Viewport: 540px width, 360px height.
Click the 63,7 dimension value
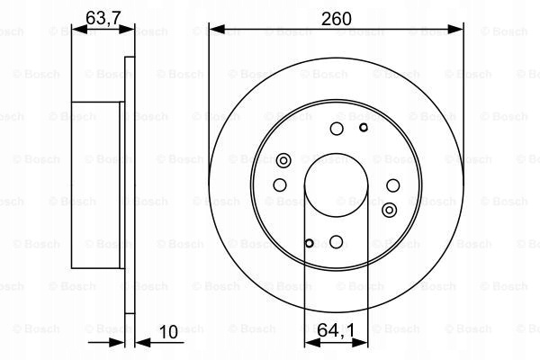[x=103, y=18]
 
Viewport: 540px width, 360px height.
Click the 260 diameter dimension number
[x=336, y=19]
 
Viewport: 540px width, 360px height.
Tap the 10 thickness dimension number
[x=168, y=332]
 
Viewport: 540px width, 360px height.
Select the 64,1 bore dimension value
[x=336, y=330]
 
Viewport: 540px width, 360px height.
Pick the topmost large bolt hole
[x=337, y=129]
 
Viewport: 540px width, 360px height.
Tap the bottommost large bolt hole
[x=336, y=241]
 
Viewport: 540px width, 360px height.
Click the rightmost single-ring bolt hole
[x=393, y=185]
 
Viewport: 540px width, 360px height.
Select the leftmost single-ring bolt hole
[x=280, y=185]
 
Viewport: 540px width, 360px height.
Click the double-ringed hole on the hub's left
[x=283, y=160]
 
